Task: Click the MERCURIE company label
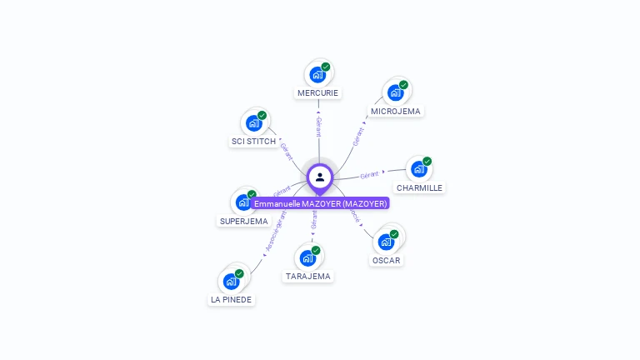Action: click(x=317, y=93)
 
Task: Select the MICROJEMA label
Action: click(x=396, y=111)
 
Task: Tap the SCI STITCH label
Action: click(x=253, y=142)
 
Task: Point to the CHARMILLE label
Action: click(x=419, y=188)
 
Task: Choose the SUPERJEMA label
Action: click(x=243, y=222)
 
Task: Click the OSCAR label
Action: click(x=386, y=260)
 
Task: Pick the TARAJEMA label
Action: click(x=307, y=276)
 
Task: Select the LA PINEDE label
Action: click(x=231, y=299)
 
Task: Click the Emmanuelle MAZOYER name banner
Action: click(x=321, y=203)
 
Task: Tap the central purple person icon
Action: click(x=320, y=177)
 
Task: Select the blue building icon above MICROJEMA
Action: click(x=395, y=92)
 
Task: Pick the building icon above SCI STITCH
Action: click(x=253, y=123)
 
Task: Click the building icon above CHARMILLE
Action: click(x=418, y=169)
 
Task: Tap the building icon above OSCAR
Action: click(x=386, y=242)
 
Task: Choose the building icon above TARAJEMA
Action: click(x=307, y=257)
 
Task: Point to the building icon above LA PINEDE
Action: click(x=231, y=281)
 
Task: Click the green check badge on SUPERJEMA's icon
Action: click(x=252, y=194)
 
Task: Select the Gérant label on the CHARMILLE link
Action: click(x=369, y=174)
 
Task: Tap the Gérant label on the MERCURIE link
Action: click(x=318, y=126)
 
